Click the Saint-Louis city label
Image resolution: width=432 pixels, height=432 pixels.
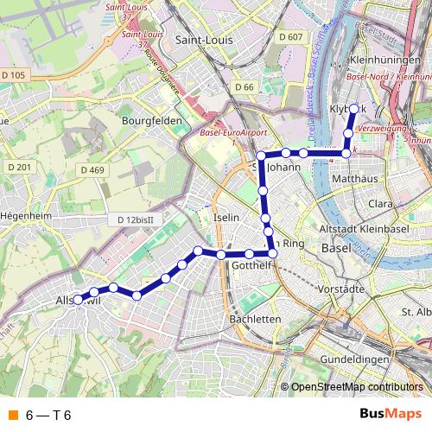pos(203,39)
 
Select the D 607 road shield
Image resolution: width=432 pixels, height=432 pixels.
pos(291,36)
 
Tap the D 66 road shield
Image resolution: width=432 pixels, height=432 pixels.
pos(244,87)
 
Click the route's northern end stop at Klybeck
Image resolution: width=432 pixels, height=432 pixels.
pos(354,109)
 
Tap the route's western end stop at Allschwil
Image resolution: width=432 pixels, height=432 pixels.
pos(78,300)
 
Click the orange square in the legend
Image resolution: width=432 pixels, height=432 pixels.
pos(12,416)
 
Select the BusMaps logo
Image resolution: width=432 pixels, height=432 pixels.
pos(391,415)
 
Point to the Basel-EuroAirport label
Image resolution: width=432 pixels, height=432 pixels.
pos(231,133)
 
